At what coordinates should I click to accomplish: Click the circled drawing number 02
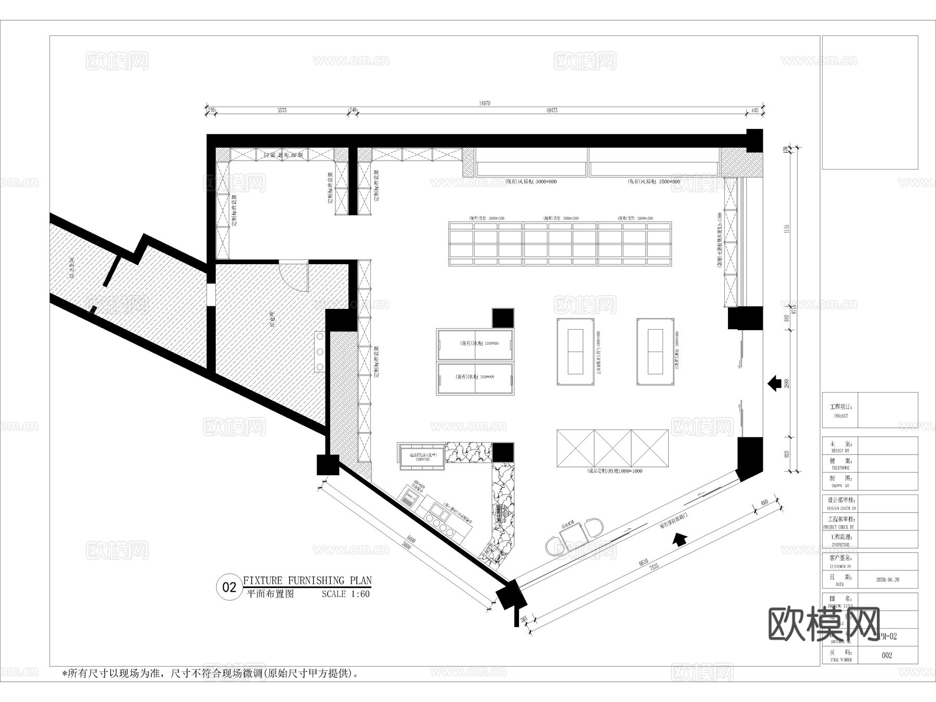pos(229,588)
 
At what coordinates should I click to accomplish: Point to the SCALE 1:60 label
pos(345,594)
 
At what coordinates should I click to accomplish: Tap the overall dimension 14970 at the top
pos(484,103)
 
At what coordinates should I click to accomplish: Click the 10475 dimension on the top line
pos(552,110)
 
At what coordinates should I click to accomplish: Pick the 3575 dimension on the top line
pos(282,110)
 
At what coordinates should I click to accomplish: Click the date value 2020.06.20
pos(887,579)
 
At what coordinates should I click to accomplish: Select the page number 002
pos(887,655)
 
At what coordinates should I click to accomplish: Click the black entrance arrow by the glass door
pos(679,539)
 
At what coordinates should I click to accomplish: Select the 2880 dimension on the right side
pos(787,383)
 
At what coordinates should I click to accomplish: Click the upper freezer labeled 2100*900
pos(475,344)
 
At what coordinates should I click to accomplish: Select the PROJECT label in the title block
pos(840,416)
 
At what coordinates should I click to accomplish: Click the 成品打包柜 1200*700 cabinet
pos(422,457)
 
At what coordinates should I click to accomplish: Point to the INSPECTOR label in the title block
pos(840,544)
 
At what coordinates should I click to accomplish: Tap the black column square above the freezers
pos(503,318)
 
